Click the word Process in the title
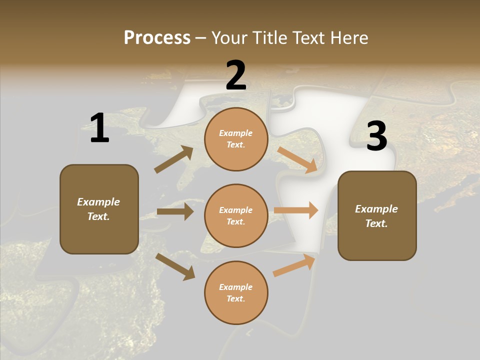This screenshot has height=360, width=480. click(x=157, y=38)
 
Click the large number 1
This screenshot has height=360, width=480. click(x=99, y=128)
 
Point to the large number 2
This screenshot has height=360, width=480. click(x=236, y=76)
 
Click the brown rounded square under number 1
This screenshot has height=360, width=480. click(x=99, y=209)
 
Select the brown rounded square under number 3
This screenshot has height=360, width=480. click(x=377, y=216)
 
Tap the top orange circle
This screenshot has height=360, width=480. click(x=236, y=139)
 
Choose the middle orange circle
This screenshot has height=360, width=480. click(x=236, y=216)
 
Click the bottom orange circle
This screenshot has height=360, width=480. click(x=236, y=293)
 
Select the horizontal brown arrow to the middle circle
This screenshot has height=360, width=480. click(x=175, y=211)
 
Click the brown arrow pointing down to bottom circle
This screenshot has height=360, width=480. click(x=175, y=266)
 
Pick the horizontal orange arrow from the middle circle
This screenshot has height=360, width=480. click(x=296, y=210)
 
